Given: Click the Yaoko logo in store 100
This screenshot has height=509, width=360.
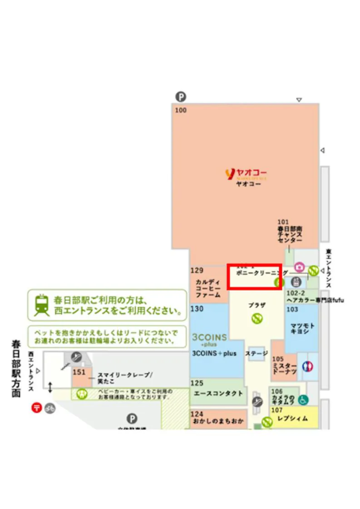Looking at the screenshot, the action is click(246, 173).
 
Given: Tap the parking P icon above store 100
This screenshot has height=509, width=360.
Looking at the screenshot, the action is click(181, 97).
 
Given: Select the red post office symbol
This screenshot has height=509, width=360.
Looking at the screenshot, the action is click(36, 407).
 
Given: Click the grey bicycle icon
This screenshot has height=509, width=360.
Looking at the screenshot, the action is click(49, 408).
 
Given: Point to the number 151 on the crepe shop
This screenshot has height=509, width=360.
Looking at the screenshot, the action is click(79, 372).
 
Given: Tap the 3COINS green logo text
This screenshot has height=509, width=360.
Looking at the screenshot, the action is click(210, 339).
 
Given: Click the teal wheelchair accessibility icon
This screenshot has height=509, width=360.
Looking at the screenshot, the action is click(303, 399).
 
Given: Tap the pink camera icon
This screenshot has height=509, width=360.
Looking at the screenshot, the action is click(299, 267).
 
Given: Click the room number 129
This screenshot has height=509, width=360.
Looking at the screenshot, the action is click(197, 271).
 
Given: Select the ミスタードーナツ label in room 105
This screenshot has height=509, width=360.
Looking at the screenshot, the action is click(285, 368).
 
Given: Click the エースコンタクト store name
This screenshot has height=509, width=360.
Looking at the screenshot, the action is click(218, 393).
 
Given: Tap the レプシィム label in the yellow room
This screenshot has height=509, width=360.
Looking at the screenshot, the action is click(292, 418).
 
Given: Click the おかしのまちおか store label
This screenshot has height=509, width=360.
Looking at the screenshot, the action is click(218, 421).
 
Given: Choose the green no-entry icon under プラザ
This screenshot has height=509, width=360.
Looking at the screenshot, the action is click(256, 319).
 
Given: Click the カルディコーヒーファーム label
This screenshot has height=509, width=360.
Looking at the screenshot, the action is click(208, 288).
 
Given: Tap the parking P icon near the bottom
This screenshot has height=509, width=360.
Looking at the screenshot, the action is click(132, 419).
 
